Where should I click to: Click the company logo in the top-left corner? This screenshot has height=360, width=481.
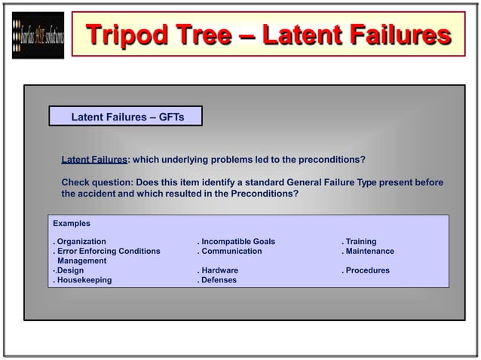[38, 36]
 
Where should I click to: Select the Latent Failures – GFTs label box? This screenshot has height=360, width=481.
[127, 117]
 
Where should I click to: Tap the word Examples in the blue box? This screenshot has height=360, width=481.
[72, 224]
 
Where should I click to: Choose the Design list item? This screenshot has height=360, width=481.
[71, 270]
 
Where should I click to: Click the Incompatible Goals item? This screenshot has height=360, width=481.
[238, 242]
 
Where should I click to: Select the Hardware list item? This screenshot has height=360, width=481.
[219, 270]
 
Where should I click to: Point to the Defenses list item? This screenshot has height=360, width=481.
[219, 280]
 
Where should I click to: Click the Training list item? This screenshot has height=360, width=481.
[361, 242]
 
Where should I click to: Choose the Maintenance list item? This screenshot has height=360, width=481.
[369, 252]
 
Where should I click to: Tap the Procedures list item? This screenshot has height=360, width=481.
[367, 270]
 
